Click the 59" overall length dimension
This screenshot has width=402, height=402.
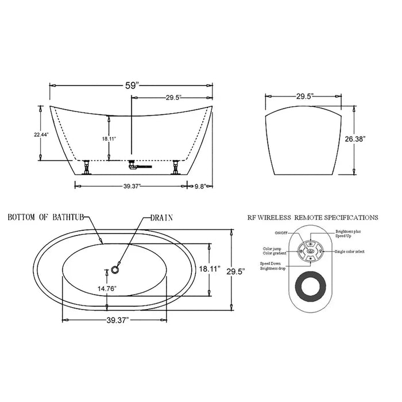coord(132,85)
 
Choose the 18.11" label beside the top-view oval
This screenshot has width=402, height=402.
coord(210,269)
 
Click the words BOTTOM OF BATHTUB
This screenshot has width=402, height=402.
coord(46,218)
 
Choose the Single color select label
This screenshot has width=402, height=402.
coord(350,252)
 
